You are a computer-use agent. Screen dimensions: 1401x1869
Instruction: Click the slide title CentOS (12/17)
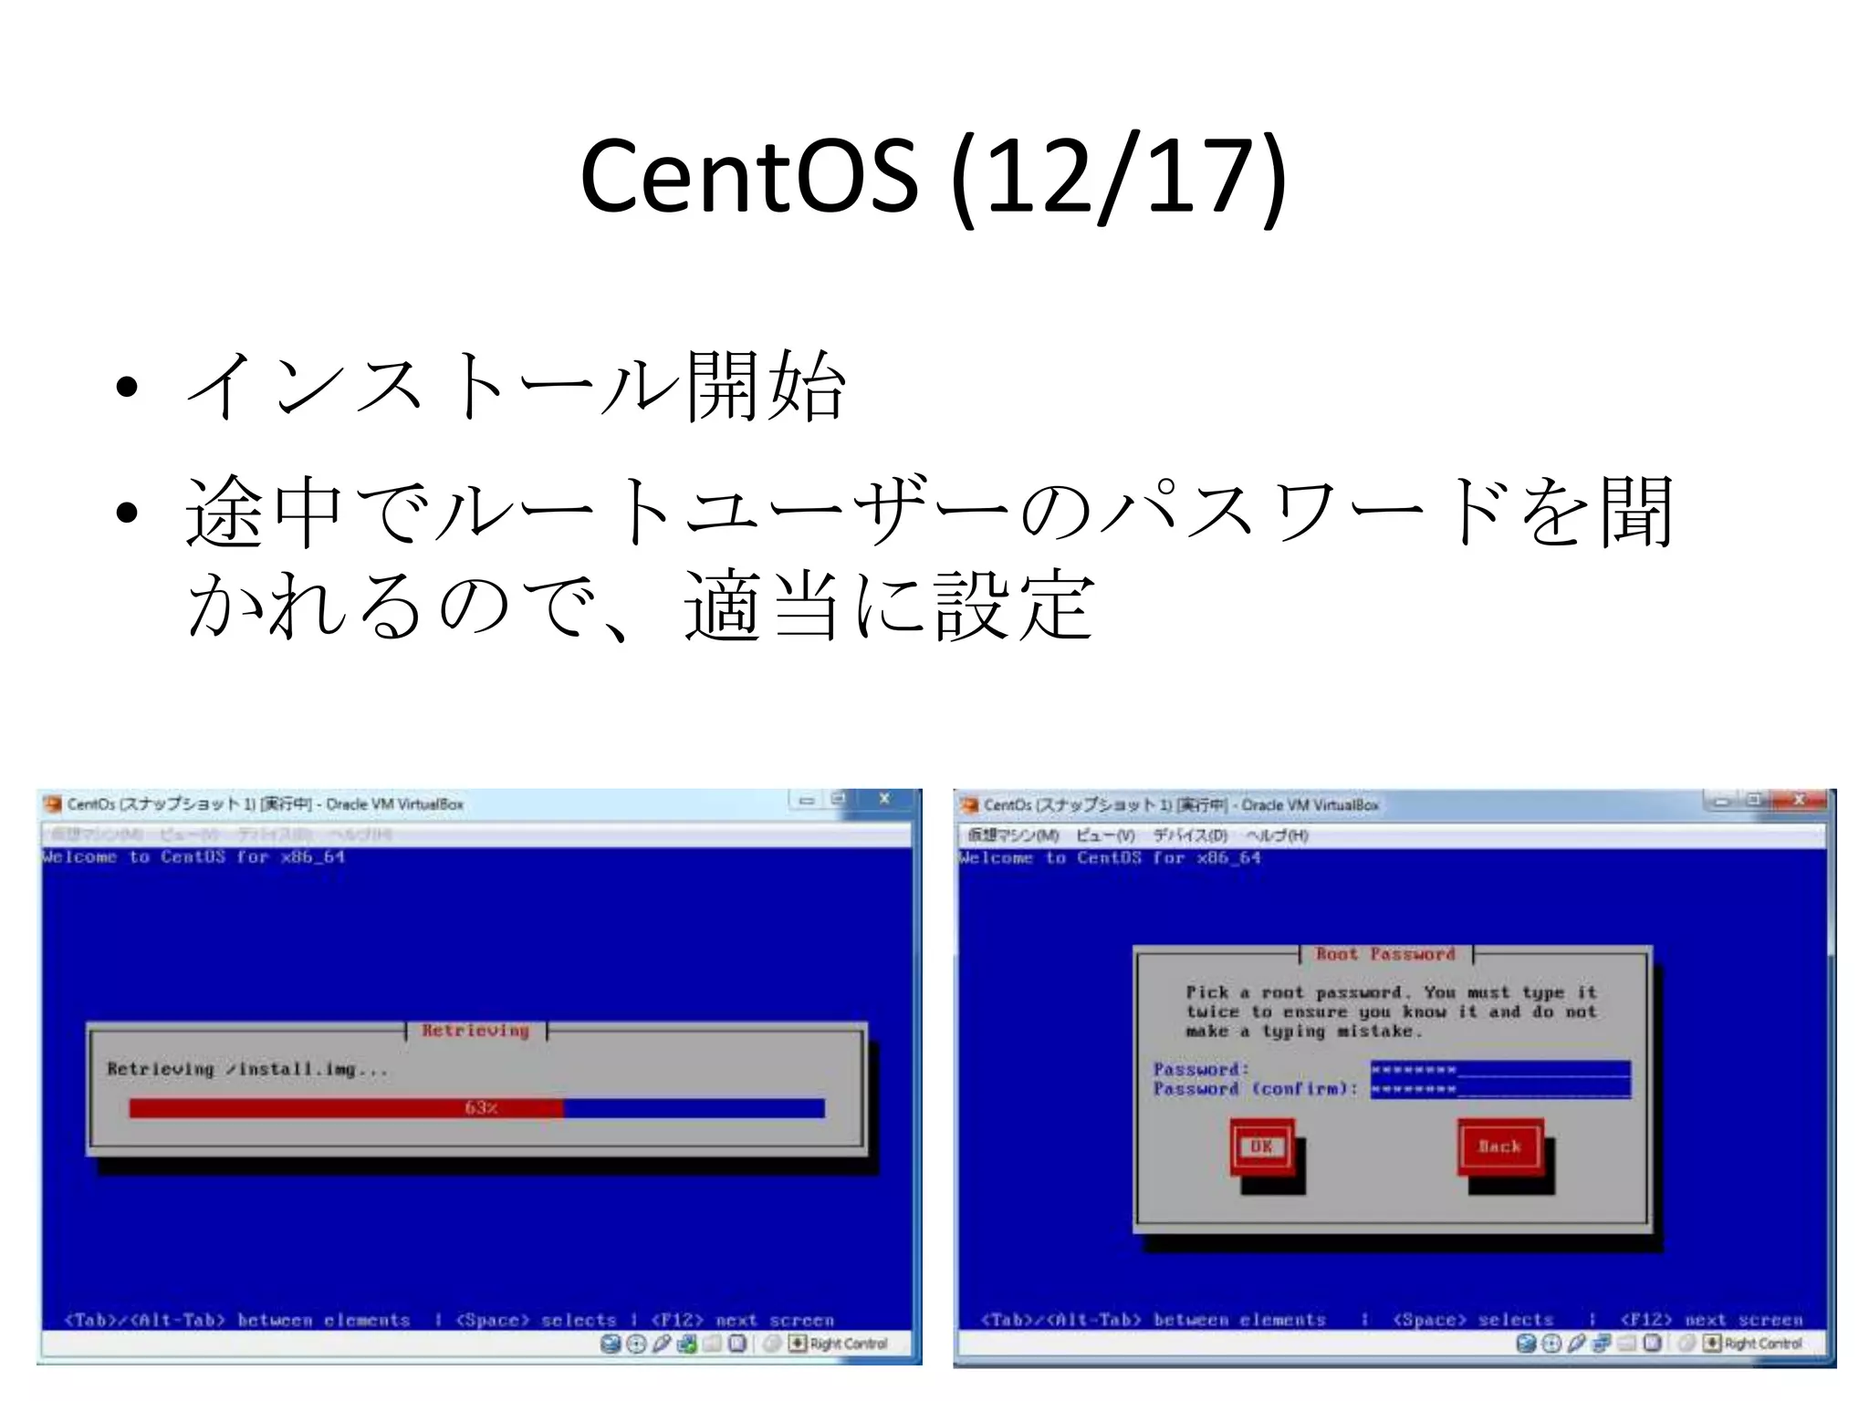933,176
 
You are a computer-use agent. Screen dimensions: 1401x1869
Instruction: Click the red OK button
1261,1147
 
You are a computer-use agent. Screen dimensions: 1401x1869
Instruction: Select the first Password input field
1499,1069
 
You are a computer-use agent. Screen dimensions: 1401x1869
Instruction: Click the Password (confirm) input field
1499,1089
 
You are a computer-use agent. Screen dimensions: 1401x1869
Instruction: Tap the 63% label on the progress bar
481,1108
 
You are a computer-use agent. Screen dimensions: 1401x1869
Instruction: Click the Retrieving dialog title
475,1031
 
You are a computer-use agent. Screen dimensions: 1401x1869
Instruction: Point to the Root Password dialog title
1385,954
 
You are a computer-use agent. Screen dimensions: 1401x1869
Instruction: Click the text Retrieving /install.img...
247,1069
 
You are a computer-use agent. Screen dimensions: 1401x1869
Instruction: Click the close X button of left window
883,800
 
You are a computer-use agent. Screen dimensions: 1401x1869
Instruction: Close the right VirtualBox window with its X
1799,801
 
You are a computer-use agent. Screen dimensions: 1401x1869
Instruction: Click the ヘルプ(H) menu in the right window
1277,835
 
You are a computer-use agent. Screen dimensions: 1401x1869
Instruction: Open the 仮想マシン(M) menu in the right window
1013,835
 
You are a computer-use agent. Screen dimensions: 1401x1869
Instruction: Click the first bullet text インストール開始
517,387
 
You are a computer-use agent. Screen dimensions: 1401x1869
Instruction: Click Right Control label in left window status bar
848,1344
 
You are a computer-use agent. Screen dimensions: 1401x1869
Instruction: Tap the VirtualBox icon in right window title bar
968,804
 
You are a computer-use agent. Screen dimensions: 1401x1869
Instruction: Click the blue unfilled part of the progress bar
694,1108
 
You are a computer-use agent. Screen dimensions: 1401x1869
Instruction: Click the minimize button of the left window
806,800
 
